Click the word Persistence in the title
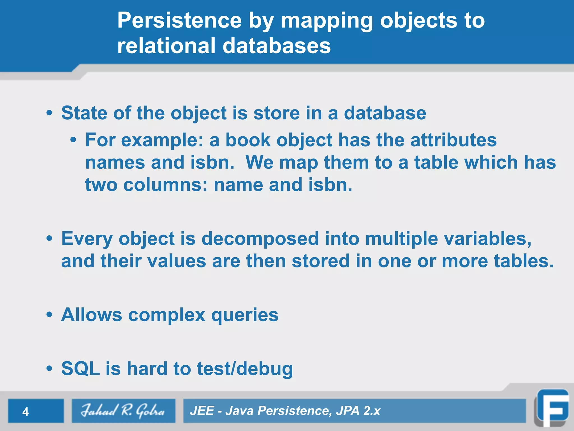point(179,20)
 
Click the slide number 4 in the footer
point(26,412)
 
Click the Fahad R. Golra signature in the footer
point(123,411)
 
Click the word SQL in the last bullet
point(80,368)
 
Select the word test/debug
point(245,368)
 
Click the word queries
point(245,315)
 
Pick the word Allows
point(91,315)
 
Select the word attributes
point(453,140)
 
